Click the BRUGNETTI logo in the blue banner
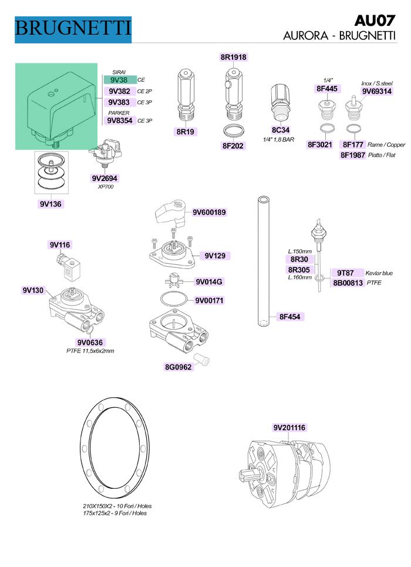coord(73,29)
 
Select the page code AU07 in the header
coord(375,21)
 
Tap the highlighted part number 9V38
coord(120,80)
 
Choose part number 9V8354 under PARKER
coord(120,120)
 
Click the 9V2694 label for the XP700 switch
coord(105,178)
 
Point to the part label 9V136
coord(50,204)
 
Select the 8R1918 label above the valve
coord(233,57)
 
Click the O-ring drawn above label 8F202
coord(233,130)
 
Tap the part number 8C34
coord(281,130)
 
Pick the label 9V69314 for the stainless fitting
coord(377,91)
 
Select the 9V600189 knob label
coord(209,212)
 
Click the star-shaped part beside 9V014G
coord(174,280)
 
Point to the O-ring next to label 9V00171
coord(174,299)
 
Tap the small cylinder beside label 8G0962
coord(202,359)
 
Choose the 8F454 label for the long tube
coord(289,317)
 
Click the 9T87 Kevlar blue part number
coord(345,273)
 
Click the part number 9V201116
coord(289,427)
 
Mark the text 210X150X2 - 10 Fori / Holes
coord(117,506)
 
